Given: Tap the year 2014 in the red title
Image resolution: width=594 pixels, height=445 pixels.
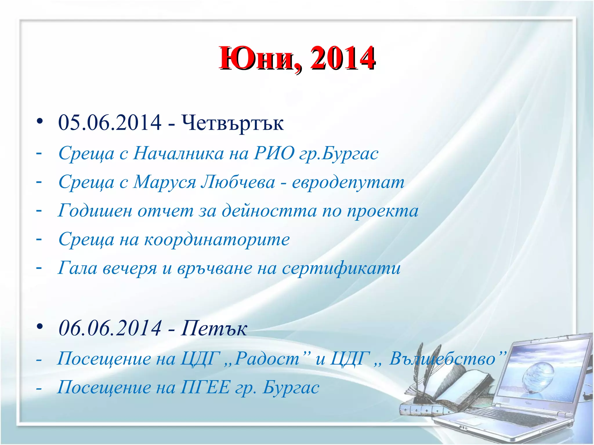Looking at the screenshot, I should click(x=342, y=59).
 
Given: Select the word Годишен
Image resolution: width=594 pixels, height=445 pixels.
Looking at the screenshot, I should click(x=95, y=211).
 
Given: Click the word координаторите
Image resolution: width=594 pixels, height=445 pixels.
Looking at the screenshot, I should click(x=217, y=240).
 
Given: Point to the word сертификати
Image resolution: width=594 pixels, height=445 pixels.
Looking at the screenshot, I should click(x=341, y=268).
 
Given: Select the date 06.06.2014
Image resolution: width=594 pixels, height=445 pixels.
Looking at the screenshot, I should click(x=110, y=328).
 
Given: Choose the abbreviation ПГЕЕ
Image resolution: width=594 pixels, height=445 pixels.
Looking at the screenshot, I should click(x=205, y=387).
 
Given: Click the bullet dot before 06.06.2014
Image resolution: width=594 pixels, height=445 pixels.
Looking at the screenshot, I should click(x=40, y=327).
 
